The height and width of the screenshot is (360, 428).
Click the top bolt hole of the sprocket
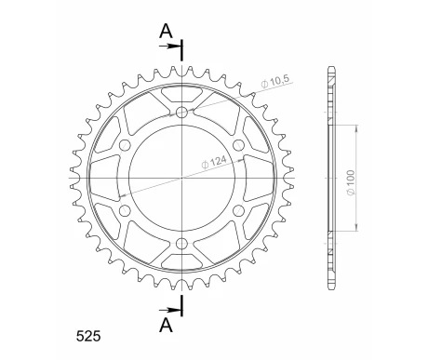click(x=181, y=112)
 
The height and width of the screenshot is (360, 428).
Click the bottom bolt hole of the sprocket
click(x=181, y=244)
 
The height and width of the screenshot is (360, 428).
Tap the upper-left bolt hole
click(x=125, y=145)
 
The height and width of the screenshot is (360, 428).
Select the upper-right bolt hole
click(x=239, y=145)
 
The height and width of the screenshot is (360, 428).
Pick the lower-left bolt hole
click(x=125, y=210)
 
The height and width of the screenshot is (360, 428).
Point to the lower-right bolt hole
click(x=239, y=210)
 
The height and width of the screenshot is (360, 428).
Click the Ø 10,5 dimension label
click(x=275, y=81)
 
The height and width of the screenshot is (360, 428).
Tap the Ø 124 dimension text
click(x=215, y=162)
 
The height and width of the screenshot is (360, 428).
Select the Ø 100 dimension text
click(x=351, y=183)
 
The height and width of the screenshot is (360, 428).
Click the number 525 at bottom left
click(x=88, y=337)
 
